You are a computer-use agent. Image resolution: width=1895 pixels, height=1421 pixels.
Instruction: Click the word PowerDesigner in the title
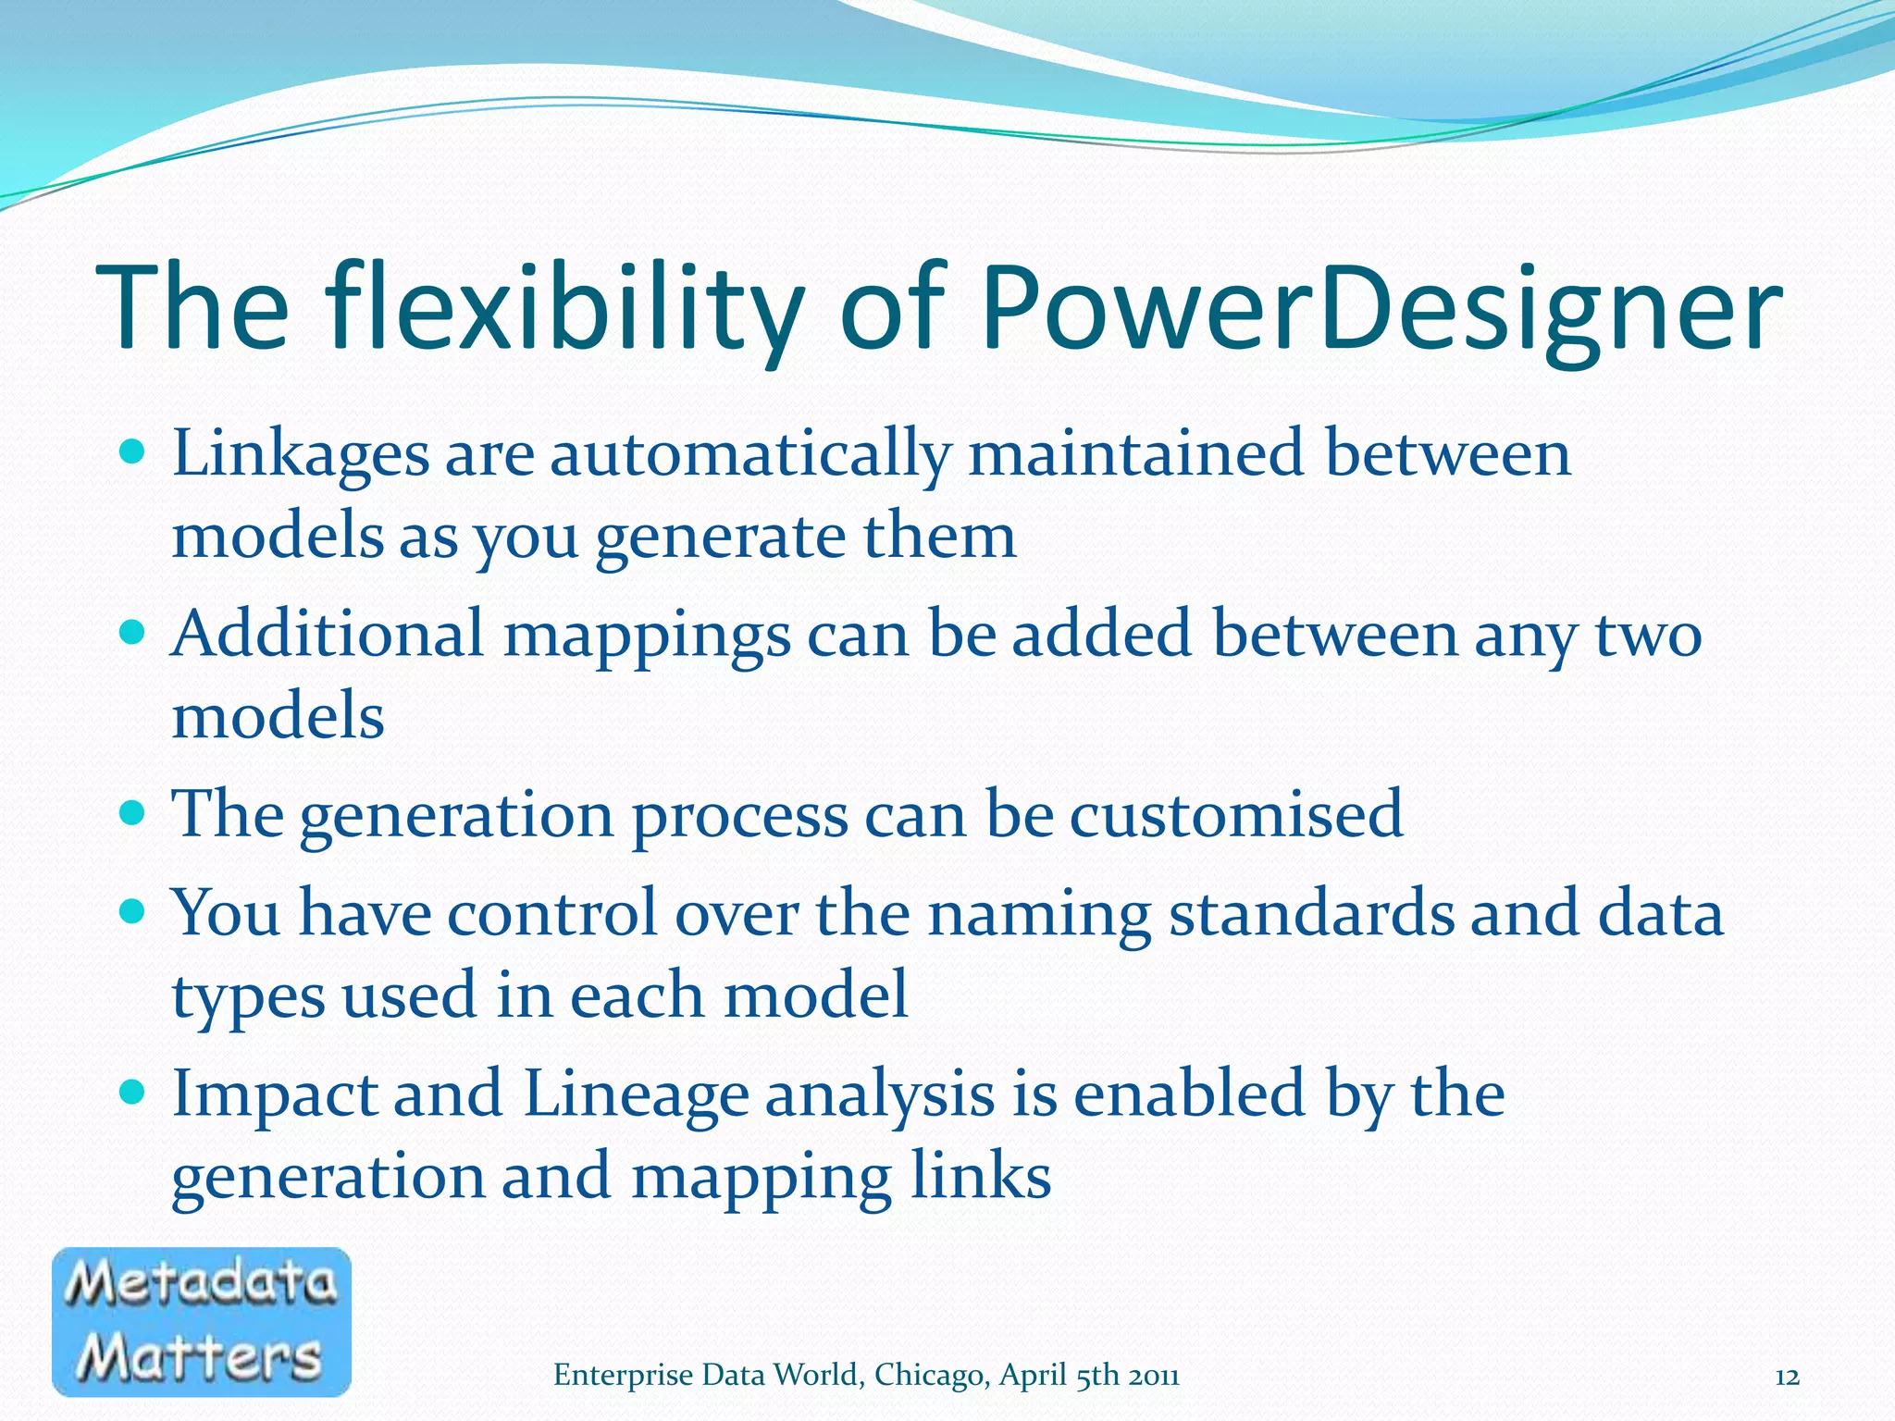tap(1381, 310)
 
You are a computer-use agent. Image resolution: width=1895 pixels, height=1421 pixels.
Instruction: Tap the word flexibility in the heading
tap(566, 310)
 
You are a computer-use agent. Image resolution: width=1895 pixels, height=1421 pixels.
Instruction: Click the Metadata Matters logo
tap(202, 1321)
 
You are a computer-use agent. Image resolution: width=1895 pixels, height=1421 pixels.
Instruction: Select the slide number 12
tap(1787, 1377)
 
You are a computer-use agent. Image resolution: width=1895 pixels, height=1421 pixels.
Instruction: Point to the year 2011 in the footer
tap(1153, 1376)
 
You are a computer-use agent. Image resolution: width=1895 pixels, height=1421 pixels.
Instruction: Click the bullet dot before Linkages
tap(133, 452)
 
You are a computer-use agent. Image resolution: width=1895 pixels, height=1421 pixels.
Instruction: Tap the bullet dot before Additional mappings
tap(133, 633)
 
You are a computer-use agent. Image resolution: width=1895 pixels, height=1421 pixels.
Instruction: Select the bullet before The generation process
tap(133, 813)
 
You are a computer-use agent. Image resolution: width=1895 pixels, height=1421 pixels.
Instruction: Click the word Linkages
tap(301, 455)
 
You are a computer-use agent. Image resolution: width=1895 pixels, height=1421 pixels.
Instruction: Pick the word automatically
tap(750, 455)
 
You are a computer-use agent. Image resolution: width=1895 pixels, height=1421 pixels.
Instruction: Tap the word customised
tap(1236, 814)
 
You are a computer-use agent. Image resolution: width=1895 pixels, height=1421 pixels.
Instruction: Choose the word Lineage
tap(636, 1094)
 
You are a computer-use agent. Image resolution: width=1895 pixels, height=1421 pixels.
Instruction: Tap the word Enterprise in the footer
tap(623, 1376)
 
